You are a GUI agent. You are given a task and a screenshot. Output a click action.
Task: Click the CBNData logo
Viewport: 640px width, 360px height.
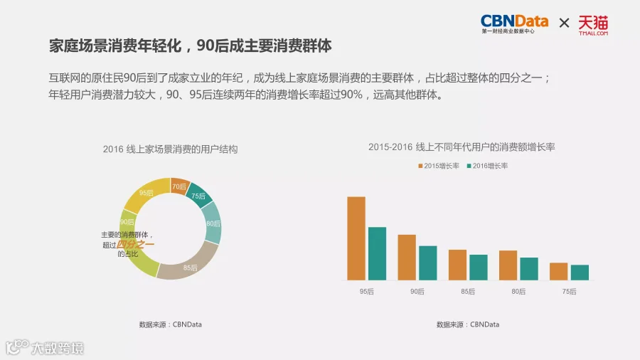click(x=514, y=24)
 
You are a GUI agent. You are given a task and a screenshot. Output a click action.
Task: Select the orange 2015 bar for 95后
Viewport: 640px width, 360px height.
click(x=356, y=238)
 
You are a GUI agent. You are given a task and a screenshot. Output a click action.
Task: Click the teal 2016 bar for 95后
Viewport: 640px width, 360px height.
click(x=377, y=253)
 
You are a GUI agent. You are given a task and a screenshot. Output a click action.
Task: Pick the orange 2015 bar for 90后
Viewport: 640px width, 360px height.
click(x=407, y=257)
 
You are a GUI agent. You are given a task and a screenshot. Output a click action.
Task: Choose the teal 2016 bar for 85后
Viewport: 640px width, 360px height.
click(x=479, y=268)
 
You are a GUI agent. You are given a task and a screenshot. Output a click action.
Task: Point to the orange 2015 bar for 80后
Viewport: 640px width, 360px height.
click(x=508, y=265)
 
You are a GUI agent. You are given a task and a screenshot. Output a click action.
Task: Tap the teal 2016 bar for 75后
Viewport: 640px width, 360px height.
click(x=580, y=272)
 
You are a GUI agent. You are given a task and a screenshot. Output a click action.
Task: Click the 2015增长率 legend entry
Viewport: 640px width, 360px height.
click(x=439, y=166)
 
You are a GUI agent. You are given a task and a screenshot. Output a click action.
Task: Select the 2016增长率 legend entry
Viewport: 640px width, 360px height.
click(x=487, y=166)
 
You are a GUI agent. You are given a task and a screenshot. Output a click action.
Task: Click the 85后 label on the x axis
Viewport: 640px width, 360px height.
click(x=468, y=292)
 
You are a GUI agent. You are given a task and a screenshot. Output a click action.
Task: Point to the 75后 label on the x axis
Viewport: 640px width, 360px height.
click(x=569, y=292)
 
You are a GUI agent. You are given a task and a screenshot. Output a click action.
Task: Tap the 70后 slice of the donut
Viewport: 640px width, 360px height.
click(x=180, y=186)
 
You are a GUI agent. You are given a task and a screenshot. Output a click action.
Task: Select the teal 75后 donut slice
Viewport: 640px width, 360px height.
click(x=199, y=196)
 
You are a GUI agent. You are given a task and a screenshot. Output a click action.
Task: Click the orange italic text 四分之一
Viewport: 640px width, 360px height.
click(x=135, y=245)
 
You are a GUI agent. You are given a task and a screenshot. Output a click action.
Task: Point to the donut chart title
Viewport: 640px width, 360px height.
click(x=170, y=149)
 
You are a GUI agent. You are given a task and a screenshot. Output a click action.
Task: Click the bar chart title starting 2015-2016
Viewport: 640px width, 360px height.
click(x=462, y=147)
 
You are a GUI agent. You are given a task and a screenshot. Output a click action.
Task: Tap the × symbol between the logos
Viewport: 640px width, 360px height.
click(x=564, y=23)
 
